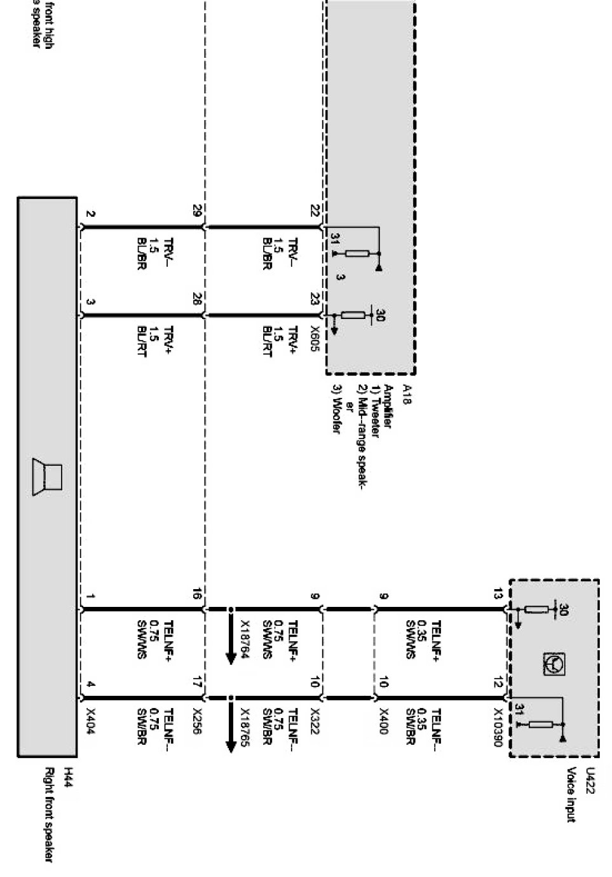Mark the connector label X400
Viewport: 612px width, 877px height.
(x=383, y=721)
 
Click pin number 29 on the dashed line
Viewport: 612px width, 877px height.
(x=197, y=210)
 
